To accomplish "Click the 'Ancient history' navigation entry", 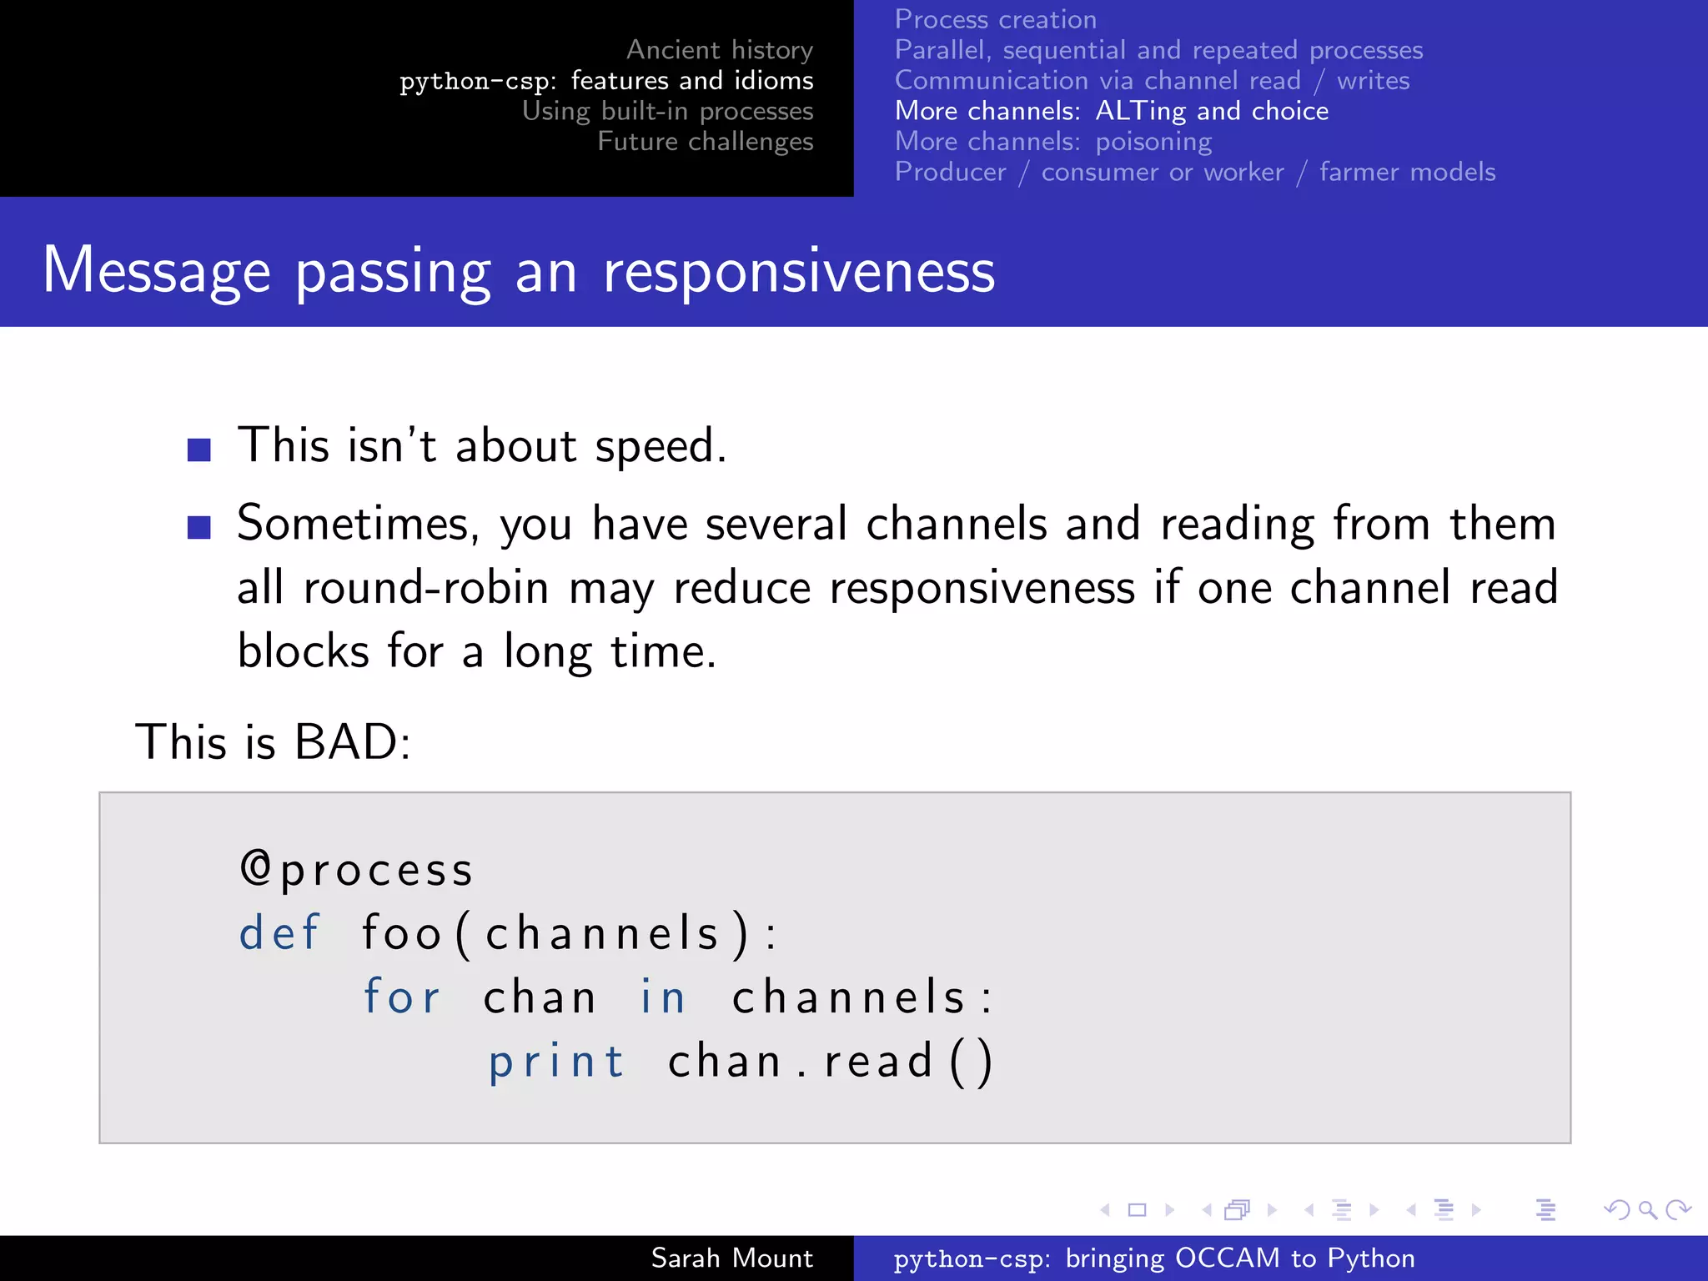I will pyautogui.click(x=719, y=50).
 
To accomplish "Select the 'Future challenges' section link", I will pyautogui.click(x=705, y=142).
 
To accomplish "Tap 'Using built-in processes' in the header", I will pyautogui.click(x=667, y=111).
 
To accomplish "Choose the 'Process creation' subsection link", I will pyautogui.click(x=995, y=19).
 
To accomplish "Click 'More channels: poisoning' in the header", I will pyautogui.click(x=1052, y=142).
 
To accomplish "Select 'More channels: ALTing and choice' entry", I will pyautogui.click(x=1111, y=111).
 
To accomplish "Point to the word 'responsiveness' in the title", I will pyautogui.click(x=798, y=271).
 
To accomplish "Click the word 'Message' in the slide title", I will pyautogui.click(x=157, y=271).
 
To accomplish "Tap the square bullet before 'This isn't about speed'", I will pyautogui.click(x=199, y=450).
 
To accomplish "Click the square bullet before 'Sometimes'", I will pyautogui.click(x=199, y=527).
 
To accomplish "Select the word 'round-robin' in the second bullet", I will pyautogui.click(x=425, y=588).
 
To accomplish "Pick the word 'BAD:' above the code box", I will pyautogui.click(x=353, y=741).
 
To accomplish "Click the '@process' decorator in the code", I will pyautogui.click(x=357, y=870).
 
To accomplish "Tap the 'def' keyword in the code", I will pyautogui.click(x=279, y=932).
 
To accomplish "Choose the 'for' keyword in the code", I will pyautogui.click(x=402, y=997).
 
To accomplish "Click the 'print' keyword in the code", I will pyautogui.click(x=556, y=1062).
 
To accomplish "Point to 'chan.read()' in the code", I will pyautogui.click(x=830, y=1062).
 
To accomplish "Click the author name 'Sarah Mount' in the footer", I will pyautogui.click(x=731, y=1258).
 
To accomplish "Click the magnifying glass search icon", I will pyautogui.click(x=1647, y=1209).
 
